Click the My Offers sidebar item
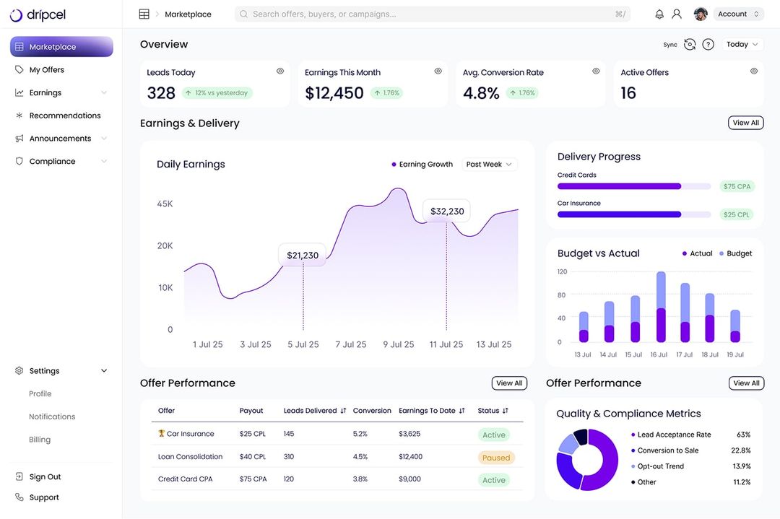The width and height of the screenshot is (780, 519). click(46, 70)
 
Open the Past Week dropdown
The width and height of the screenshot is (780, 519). click(489, 165)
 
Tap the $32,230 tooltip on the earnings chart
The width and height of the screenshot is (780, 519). click(446, 211)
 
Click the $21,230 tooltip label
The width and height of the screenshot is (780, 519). click(303, 255)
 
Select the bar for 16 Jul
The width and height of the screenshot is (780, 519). click(660, 308)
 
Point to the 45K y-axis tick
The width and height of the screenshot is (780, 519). click(165, 204)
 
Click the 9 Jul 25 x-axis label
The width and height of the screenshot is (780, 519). click(399, 344)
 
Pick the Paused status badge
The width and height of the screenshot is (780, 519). click(495, 458)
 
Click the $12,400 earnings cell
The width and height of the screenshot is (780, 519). click(410, 457)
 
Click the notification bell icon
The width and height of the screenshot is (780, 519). click(659, 14)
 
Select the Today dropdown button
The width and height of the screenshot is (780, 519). click(743, 45)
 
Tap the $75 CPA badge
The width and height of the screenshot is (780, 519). click(736, 186)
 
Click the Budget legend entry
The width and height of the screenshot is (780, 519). click(734, 253)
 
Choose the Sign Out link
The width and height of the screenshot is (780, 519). click(45, 477)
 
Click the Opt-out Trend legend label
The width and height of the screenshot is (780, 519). click(660, 466)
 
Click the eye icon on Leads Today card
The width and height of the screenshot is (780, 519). click(280, 71)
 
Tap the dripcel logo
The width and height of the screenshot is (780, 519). click(37, 15)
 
